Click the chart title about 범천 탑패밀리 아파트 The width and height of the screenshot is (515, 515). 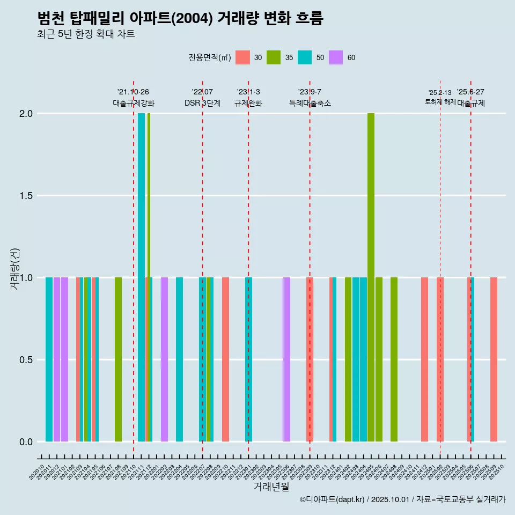click(180, 19)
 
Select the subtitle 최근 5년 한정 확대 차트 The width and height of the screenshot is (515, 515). click(86, 34)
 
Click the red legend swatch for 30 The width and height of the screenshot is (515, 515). click(243, 57)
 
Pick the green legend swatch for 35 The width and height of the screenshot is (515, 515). click(274, 57)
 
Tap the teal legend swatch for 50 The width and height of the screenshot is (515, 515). click(305, 57)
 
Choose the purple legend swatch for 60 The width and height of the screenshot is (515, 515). click(336, 57)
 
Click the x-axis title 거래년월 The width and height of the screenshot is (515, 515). click(271, 487)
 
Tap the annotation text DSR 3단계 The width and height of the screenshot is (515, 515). click(202, 103)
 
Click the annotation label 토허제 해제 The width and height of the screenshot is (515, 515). click(440, 101)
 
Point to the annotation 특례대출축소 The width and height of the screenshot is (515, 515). click(310, 103)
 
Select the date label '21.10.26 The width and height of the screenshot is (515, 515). click(133, 92)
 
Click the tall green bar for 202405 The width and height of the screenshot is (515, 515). click(371, 277)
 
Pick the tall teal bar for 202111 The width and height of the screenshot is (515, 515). click(141, 277)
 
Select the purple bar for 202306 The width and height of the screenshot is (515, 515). click(286, 359)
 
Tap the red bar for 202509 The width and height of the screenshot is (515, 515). click(494, 359)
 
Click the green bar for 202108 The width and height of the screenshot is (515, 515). click(118, 359)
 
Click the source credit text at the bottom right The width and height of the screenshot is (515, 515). click(402, 499)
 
